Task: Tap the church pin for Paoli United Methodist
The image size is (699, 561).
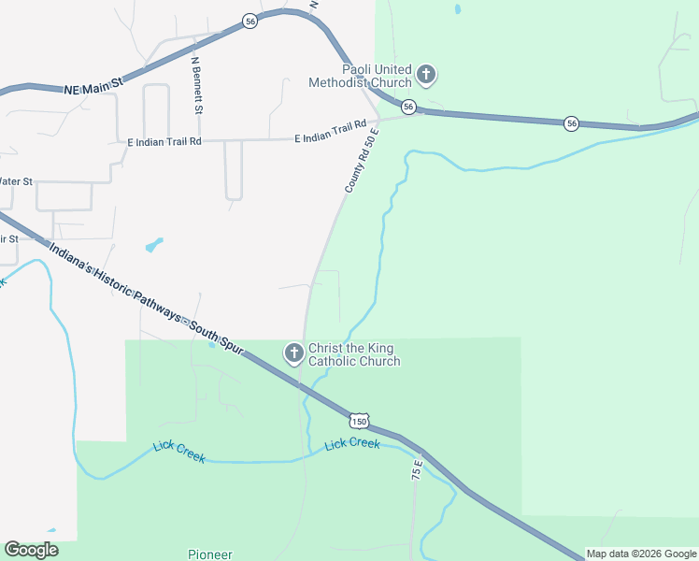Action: pyautogui.click(x=426, y=75)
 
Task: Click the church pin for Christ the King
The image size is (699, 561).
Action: pyautogui.click(x=293, y=353)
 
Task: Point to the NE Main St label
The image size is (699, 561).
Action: pyautogui.click(x=94, y=87)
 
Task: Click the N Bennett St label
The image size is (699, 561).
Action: pyautogui.click(x=197, y=85)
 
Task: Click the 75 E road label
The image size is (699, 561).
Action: pyautogui.click(x=417, y=470)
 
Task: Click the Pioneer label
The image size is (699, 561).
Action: pyautogui.click(x=209, y=554)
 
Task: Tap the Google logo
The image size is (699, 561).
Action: pyautogui.click(x=31, y=550)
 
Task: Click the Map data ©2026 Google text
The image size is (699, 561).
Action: pyautogui.click(x=641, y=554)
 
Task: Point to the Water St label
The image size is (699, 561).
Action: pyautogui.click(x=16, y=180)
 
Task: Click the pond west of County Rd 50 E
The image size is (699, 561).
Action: pyautogui.click(x=153, y=245)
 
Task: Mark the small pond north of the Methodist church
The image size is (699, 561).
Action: pyautogui.click(x=457, y=10)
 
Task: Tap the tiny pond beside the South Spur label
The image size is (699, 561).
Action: pyautogui.click(x=212, y=344)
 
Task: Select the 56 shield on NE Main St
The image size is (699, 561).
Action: pyautogui.click(x=250, y=21)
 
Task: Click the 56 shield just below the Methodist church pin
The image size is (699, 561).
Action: pyautogui.click(x=408, y=108)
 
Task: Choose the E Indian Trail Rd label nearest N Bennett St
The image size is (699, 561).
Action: pyautogui.click(x=164, y=142)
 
